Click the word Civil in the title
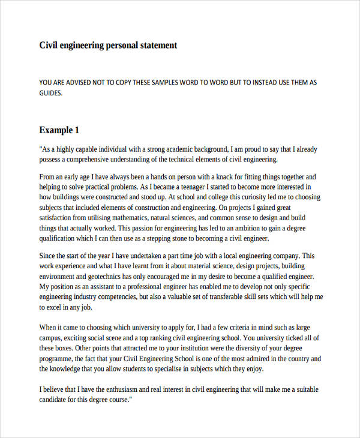49,45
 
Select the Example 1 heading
59,130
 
